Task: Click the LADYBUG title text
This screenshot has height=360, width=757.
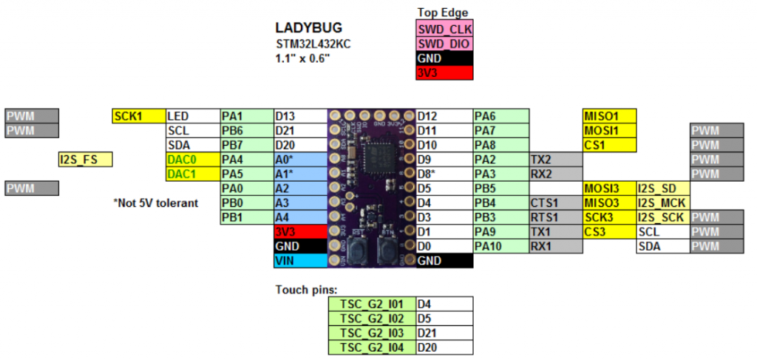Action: [308, 28]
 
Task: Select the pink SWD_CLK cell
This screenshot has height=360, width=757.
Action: [444, 30]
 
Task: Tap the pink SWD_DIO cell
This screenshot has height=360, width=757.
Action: [444, 44]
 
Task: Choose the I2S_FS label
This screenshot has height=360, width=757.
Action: [86, 159]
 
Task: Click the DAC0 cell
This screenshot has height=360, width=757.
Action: [192, 159]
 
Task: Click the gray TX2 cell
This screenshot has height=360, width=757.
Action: [555, 159]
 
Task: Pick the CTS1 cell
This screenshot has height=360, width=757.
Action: [555, 203]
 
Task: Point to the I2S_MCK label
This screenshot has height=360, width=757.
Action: [662, 203]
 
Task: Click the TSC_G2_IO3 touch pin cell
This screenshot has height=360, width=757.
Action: [372, 333]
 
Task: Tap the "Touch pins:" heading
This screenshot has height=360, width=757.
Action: [306, 289]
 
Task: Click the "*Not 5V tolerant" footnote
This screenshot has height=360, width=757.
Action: [155, 203]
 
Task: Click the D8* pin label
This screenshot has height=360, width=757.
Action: [444, 174]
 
